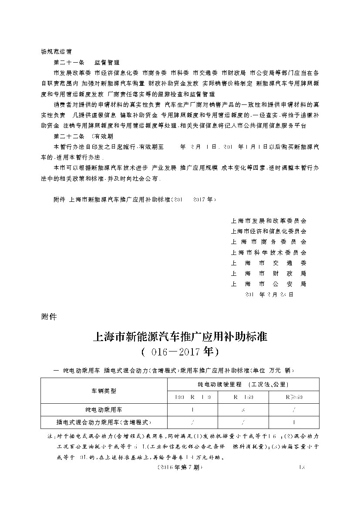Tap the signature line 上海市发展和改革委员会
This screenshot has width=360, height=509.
pyautogui.click(x=269, y=221)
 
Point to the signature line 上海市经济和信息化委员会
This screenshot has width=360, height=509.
pyautogui.click(x=269, y=231)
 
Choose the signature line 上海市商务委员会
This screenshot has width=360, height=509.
pyautogui.click(x=269, y=242)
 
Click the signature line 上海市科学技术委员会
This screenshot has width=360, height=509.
pyautogui.click(x=269, y=252)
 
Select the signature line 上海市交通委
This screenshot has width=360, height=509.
pyautogui.click(x=269, y=263)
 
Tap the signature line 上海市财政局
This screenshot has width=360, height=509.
pyautogui.click(x=269, y=273)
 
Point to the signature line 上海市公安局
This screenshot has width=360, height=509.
pyautogui.click(x=269, y=284)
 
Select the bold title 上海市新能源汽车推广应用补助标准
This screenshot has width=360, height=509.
pyautogui.click(x=180, y=337)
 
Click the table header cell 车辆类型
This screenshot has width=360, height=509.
pyautogui.click(x=104, y=391)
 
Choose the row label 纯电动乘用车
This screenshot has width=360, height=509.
pyautogui.click(x=104, y=409)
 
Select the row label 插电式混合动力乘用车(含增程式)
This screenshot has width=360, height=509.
pyautogui.click(x=104, y=422)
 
